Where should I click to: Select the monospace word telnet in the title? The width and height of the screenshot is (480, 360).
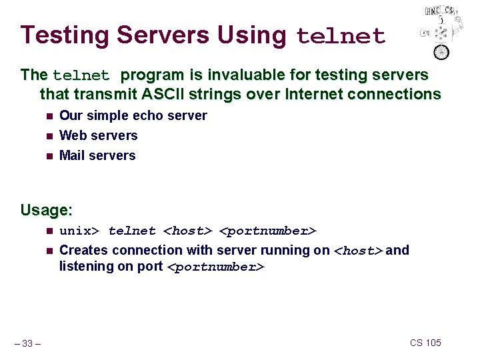point(341,36)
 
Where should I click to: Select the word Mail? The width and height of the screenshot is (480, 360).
point(73,155)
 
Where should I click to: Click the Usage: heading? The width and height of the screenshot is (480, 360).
point(46,210)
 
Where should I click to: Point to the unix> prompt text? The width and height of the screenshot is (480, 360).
point(79,231)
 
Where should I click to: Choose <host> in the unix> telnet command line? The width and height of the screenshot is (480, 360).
point(187,231)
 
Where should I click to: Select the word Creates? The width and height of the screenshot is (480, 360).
point(84,250)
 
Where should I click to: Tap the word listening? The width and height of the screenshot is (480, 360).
point(87,266)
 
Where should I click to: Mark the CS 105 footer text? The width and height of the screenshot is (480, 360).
point(425,343)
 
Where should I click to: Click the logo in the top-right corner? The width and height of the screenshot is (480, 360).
point(440,31)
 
